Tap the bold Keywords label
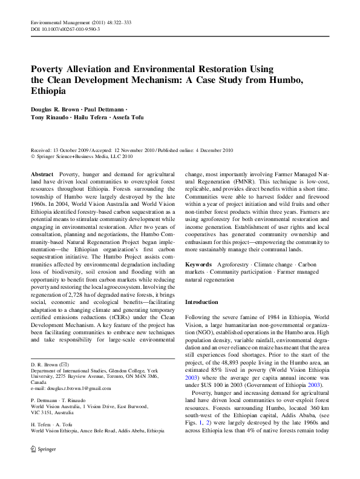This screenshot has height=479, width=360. coord(198,264)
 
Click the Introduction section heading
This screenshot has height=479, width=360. coord(201,301)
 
